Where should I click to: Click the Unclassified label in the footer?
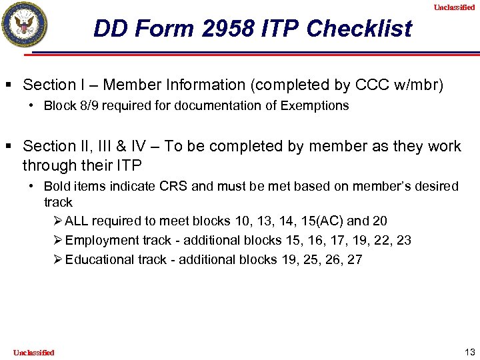[33, 352]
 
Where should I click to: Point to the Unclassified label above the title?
[454, 7]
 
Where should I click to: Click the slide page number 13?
[468, 351]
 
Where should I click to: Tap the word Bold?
[57, 186]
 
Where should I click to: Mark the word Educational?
[99, 259]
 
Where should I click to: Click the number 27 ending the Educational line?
[355, 259]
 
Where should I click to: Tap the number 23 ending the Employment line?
[403, 240]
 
